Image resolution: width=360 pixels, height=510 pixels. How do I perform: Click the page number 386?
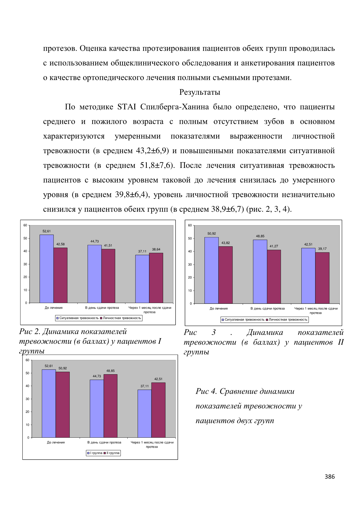(330, 476)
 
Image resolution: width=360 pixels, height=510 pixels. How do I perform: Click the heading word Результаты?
(200, 92)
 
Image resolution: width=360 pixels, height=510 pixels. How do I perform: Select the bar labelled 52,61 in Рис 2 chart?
(47, 269)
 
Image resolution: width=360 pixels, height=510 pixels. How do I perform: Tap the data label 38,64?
(156, 249)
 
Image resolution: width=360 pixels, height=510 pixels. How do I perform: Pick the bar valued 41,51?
(108, 276)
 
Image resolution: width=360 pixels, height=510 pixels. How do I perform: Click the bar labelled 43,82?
(226, 275)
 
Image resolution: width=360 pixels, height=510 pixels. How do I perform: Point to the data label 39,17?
(322, 249)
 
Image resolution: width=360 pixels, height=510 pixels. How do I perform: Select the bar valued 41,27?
(274, 277)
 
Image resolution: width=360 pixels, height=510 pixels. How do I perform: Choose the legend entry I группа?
(95, 453)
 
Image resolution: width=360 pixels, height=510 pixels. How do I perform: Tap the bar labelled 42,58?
(60, 275)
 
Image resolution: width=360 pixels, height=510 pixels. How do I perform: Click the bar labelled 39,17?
(322, 278)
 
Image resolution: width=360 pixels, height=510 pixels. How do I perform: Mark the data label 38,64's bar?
(156, 278)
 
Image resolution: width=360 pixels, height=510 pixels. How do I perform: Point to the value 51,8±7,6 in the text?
(156, 165)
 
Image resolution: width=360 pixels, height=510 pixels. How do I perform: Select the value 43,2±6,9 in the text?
(151, 151)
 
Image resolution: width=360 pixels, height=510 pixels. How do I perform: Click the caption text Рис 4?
(206, 391)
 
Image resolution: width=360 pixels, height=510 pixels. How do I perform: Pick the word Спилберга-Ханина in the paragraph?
(174, 107)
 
